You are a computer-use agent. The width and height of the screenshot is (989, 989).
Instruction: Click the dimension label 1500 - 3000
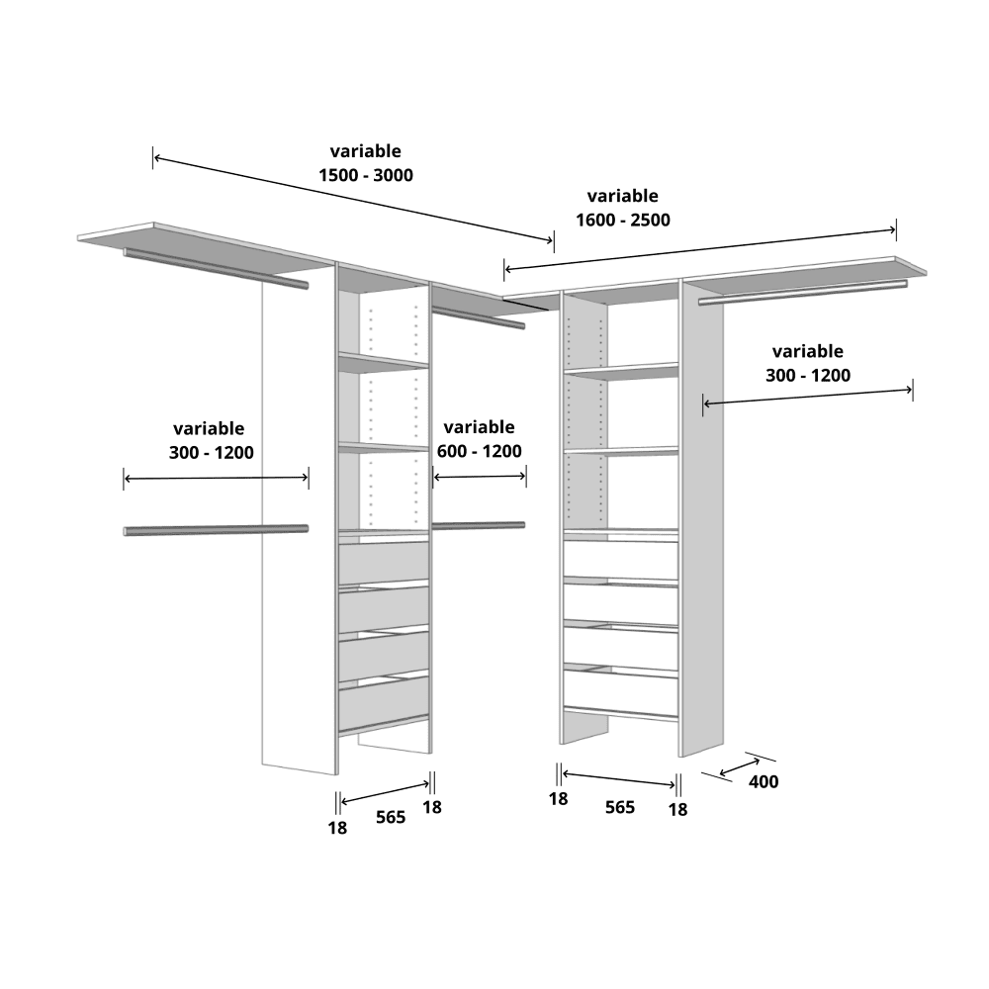[366, 175]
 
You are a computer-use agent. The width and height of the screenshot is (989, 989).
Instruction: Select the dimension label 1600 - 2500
[622, 220]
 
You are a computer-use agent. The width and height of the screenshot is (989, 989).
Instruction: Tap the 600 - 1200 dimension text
[480, 451]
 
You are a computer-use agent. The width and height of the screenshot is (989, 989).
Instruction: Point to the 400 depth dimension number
[764, 781]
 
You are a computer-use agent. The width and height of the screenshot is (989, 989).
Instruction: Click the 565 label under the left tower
[391, 817]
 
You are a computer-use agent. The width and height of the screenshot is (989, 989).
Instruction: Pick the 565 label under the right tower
[619, 807]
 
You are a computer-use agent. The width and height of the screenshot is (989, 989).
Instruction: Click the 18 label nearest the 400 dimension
[677, 809]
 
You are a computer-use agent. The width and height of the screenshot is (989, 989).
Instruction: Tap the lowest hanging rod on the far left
[216, 530]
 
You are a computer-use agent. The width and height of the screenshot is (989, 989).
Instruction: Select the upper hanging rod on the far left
[216, 268]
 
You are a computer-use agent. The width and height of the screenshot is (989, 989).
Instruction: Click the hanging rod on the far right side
[802, 294]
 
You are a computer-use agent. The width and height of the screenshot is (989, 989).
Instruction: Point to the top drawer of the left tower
[384, 563]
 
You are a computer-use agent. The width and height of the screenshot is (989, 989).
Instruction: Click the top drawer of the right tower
[621, 560]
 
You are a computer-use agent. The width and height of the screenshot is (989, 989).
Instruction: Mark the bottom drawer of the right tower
[621, 693]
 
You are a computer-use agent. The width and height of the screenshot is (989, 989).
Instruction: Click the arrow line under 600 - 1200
[480, 477]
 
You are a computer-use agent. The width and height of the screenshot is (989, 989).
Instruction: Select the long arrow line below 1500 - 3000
[353, 199]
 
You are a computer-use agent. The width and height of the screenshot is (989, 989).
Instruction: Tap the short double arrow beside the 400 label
[739, 767]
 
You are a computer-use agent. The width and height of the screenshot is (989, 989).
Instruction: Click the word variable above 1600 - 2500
[622, 196]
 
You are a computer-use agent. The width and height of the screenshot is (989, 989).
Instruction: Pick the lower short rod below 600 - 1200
[478, 525]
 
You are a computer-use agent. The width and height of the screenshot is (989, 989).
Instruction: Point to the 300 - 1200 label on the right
[808, 375]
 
